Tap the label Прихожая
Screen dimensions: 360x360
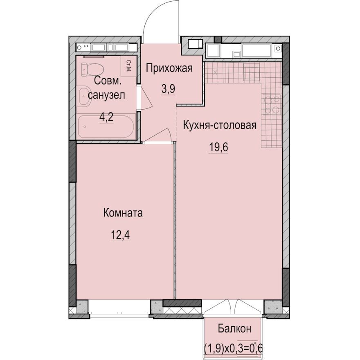click(169, 68)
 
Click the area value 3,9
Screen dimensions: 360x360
click(169, 89)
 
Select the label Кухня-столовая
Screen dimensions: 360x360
click(220, 125)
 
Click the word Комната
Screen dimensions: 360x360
click(123, 213)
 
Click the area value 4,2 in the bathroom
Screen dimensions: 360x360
click(107, 117)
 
